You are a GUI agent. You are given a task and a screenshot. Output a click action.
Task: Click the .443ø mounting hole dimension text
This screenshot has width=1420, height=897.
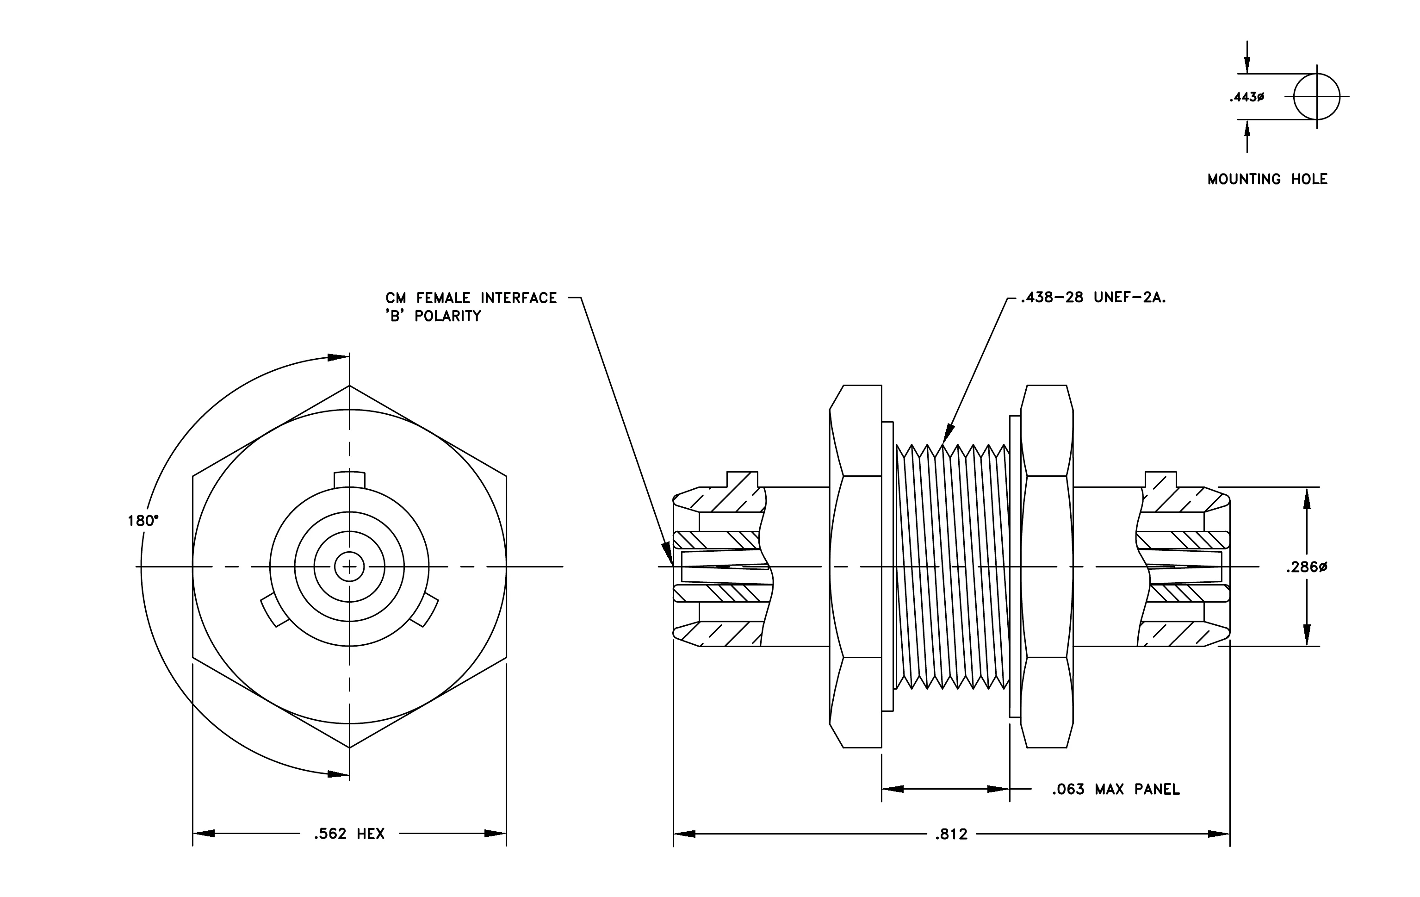click(1246, 97)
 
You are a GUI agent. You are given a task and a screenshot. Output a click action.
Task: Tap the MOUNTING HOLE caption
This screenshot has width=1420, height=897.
click(1267, 179)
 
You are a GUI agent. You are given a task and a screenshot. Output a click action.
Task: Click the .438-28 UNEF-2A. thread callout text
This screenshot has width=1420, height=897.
click(1093, 298)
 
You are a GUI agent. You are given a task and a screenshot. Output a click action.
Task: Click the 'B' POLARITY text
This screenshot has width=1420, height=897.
click(434, 316)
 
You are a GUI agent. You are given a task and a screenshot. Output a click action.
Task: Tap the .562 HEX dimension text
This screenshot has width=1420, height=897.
click(349, 834)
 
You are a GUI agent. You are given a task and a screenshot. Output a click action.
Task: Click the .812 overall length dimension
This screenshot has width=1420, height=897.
click(951, 835)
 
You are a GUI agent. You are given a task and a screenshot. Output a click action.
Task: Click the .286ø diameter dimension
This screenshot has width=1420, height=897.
click(1307, 567)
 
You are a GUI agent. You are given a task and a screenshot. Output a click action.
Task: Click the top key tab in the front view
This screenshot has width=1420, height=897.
click(350, 480)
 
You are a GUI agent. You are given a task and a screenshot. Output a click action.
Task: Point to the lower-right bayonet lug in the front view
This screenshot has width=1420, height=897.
click(425, 611)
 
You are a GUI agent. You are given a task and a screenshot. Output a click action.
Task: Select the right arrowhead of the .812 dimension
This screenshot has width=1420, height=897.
click(1219, 834)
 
